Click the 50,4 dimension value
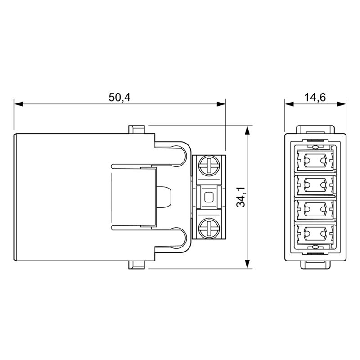coord(119,97)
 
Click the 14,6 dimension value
coord(315,97)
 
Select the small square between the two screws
coord(209,197)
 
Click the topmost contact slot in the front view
coord(315,159)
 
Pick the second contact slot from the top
coord(315,184)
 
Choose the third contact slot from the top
coord(315,209)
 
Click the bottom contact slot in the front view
coord(315,233)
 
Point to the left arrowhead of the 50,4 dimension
coord(18,104)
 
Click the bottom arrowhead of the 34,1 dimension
coord(247,265)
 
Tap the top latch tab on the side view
coord(137,130)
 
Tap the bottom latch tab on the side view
coord(137,265)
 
